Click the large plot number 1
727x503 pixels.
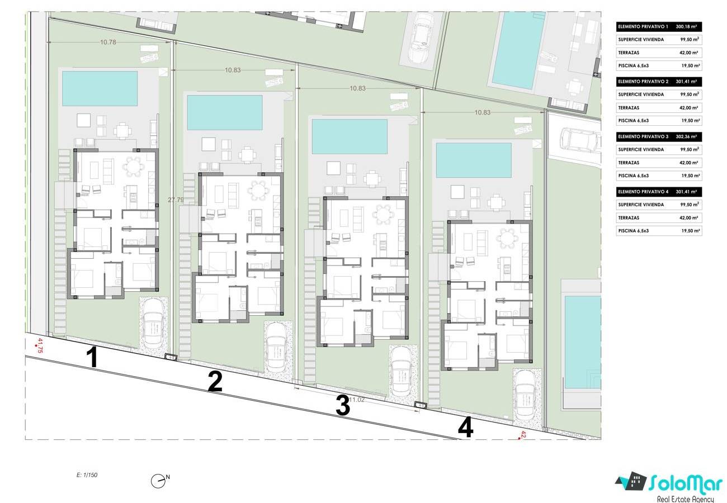coord(93,357)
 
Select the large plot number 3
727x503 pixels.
coord(343,405)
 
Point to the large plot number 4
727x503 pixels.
coord(465,428)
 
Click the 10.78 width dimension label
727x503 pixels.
coord(108,42)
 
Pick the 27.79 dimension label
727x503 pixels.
coord(176,200)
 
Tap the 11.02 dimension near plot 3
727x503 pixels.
coord(356,400)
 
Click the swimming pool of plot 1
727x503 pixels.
coord(100,88)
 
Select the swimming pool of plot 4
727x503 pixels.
coord(474,160)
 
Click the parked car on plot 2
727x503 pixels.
coord(276,348)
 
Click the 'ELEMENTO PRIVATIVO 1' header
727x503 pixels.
coord(643,27)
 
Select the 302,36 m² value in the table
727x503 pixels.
coord(686,136)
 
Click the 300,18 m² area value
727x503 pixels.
coord(686,27)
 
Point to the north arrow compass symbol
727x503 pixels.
coord(158,481)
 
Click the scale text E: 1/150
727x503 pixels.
coord(87,475)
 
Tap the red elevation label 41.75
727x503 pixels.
coord(40,345)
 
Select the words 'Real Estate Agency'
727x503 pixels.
coord(685,499)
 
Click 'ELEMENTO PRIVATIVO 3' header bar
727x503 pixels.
coord(659,136)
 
